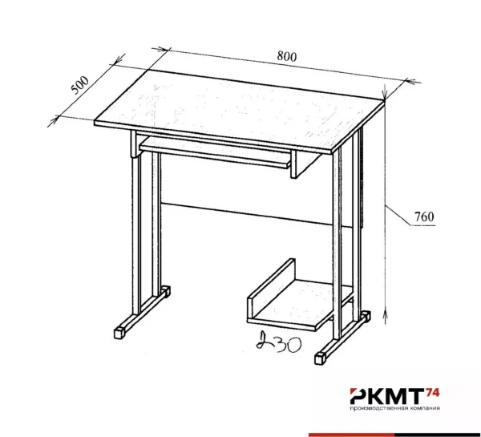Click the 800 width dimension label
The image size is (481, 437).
[x=287, y=56]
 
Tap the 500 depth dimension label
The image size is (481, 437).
[x=79, y=85]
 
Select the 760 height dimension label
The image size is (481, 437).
[x=424, y=217]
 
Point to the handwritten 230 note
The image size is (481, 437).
[x=278, y=342]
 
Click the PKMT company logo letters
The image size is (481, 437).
[x=387, y=396]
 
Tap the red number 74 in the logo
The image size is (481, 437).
[x=433, y=392]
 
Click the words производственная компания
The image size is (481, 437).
[x=395, y=408]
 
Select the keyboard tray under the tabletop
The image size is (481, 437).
[x=215, y=152]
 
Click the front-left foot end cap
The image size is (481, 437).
[x=120, y=334]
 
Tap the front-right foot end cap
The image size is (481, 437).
[x=320, y=358]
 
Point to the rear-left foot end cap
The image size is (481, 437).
[x=166, y=292]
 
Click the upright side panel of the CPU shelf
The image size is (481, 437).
[x=272, y=290]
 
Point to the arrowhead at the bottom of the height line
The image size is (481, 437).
[x=386, y=316]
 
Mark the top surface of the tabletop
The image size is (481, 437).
[x=239, y=111]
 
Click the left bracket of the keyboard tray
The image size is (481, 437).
[x=135, y=144]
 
